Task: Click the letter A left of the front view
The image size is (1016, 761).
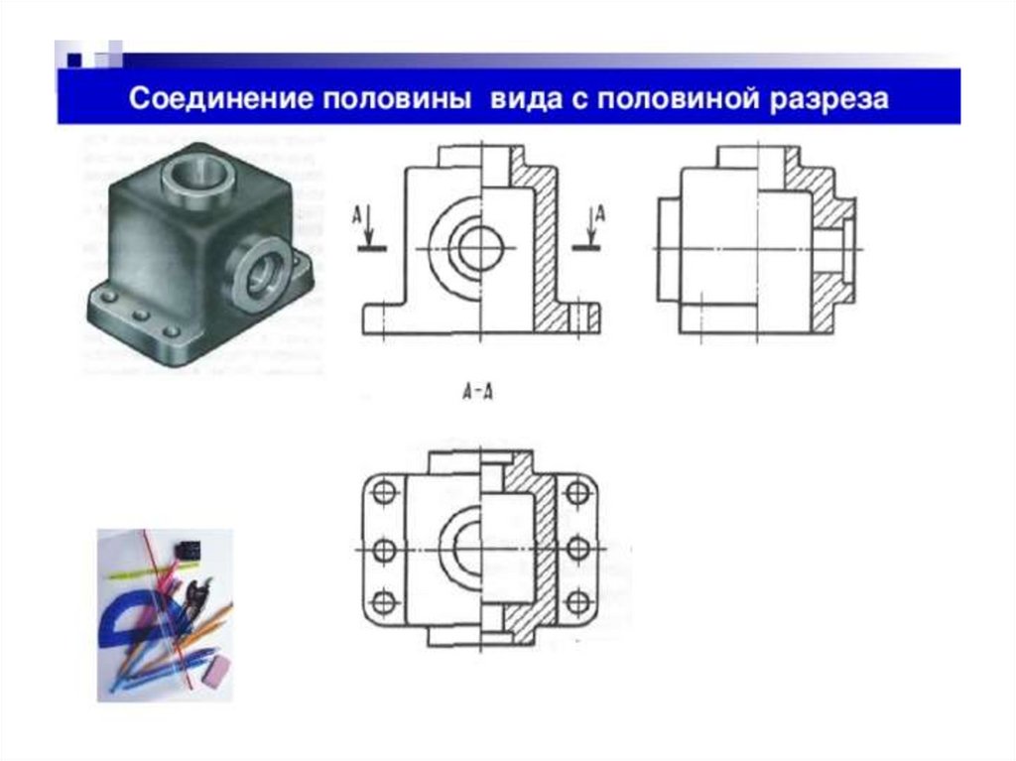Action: (357, 214)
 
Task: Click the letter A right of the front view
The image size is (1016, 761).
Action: (600, 213)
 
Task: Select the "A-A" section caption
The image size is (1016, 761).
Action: (477, 391)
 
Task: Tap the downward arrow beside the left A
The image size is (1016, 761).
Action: (368, 224)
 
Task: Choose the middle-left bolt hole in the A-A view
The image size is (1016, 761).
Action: (385, 550)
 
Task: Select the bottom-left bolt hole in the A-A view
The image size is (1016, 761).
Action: (385, 603)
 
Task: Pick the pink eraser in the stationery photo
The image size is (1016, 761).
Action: (216, 669)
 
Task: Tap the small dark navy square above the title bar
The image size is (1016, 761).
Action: (74, 61)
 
